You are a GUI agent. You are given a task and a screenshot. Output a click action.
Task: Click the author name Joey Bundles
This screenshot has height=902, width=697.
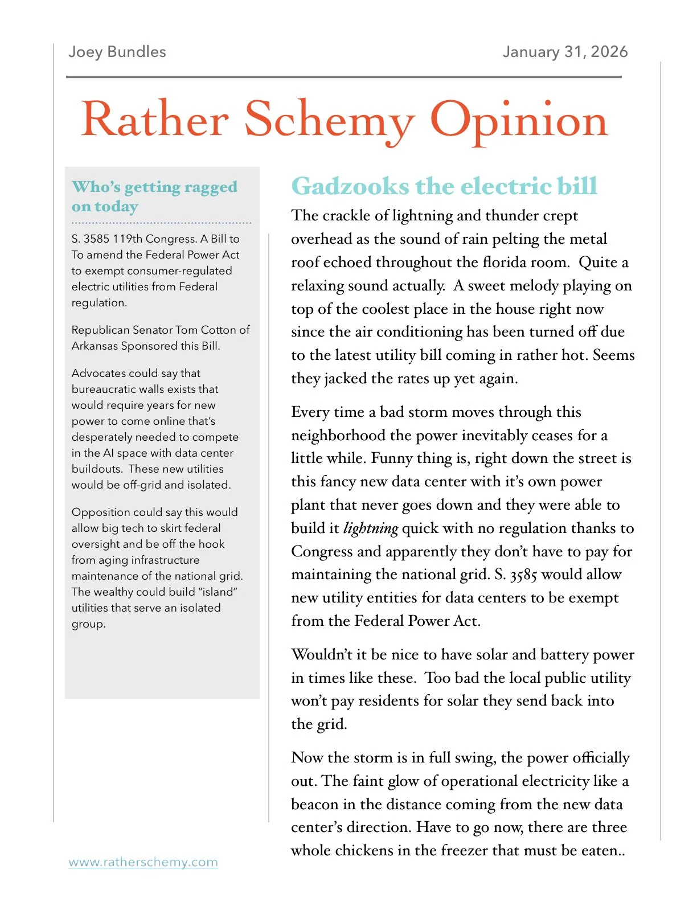117,52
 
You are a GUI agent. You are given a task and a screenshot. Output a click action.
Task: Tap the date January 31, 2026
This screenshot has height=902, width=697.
564,52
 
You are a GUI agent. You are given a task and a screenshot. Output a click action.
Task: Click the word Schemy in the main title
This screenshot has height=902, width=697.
329,121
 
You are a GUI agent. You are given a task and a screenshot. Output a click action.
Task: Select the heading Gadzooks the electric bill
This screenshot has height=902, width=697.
444,186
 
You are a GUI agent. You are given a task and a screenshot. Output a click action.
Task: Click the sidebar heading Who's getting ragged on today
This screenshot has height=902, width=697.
154,196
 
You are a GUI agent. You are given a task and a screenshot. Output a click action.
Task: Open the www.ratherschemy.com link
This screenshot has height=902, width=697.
143,862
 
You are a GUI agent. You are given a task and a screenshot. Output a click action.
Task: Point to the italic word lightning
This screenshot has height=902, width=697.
371,528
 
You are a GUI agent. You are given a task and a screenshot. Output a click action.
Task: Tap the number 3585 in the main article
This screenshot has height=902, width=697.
523,575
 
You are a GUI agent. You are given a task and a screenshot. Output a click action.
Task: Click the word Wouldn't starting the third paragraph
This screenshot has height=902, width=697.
322,654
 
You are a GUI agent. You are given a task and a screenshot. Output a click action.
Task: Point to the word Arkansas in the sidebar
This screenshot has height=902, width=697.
94,346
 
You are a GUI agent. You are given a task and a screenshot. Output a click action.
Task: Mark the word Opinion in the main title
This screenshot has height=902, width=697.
518,121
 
